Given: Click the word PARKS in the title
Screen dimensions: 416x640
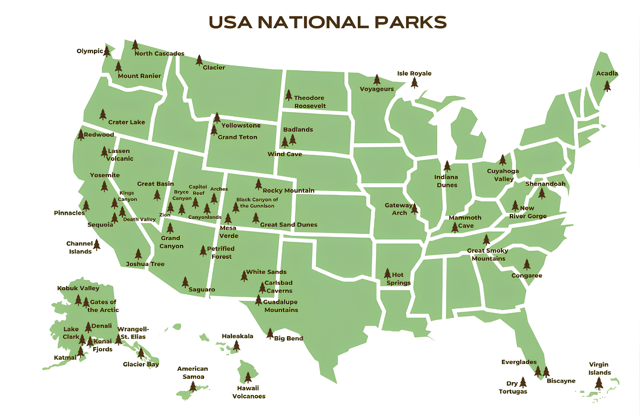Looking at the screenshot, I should (x=411, y=22).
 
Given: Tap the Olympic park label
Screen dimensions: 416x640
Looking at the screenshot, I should (x=90, y=51).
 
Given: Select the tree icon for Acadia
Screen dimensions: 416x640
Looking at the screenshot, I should (x=607, y=86).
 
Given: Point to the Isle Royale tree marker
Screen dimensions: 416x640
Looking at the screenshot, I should (x=414, y=82).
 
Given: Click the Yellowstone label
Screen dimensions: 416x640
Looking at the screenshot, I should (x=241, y=125).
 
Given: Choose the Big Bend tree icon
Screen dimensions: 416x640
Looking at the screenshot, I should (x=270, y=333).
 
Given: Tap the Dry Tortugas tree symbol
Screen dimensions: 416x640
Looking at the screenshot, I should (x=523, y=382).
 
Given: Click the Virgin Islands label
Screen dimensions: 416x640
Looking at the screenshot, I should (x=599, y=369).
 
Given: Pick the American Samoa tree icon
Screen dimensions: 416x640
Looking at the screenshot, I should (x=193, y=386).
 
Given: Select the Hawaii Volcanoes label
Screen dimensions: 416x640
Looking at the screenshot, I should (x=249, y=392).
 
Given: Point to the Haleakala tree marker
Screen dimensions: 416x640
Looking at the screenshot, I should (x=236, y=346).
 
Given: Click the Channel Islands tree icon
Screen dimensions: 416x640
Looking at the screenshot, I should (x=97, y=245).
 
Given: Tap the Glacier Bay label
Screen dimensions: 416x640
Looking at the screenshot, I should (x=141, y=364).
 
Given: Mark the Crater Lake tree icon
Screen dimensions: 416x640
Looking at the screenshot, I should (x=103, y=115).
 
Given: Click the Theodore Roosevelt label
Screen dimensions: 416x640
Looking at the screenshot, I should (x=309, y=102).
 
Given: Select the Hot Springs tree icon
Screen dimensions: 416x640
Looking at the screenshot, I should (x=387, y=274).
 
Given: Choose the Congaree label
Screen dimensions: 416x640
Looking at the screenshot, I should (x=526, y=276).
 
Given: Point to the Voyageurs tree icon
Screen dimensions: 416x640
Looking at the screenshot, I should (x=377, y=80).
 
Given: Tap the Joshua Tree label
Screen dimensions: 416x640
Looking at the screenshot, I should (x=145, y=264).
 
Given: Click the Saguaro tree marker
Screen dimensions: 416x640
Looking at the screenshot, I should (x=185, y=282).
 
